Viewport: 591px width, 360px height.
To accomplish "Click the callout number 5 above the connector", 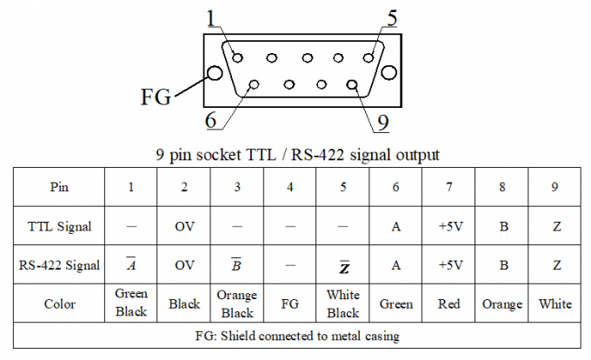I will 392,17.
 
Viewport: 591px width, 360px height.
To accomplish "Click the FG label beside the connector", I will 156,95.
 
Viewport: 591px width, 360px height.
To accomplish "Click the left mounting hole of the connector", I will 212,73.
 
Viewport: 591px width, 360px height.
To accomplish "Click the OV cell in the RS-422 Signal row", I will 184,265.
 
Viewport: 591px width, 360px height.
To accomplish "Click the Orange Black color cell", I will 236,303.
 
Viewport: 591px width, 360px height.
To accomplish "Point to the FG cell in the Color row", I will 289,303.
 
